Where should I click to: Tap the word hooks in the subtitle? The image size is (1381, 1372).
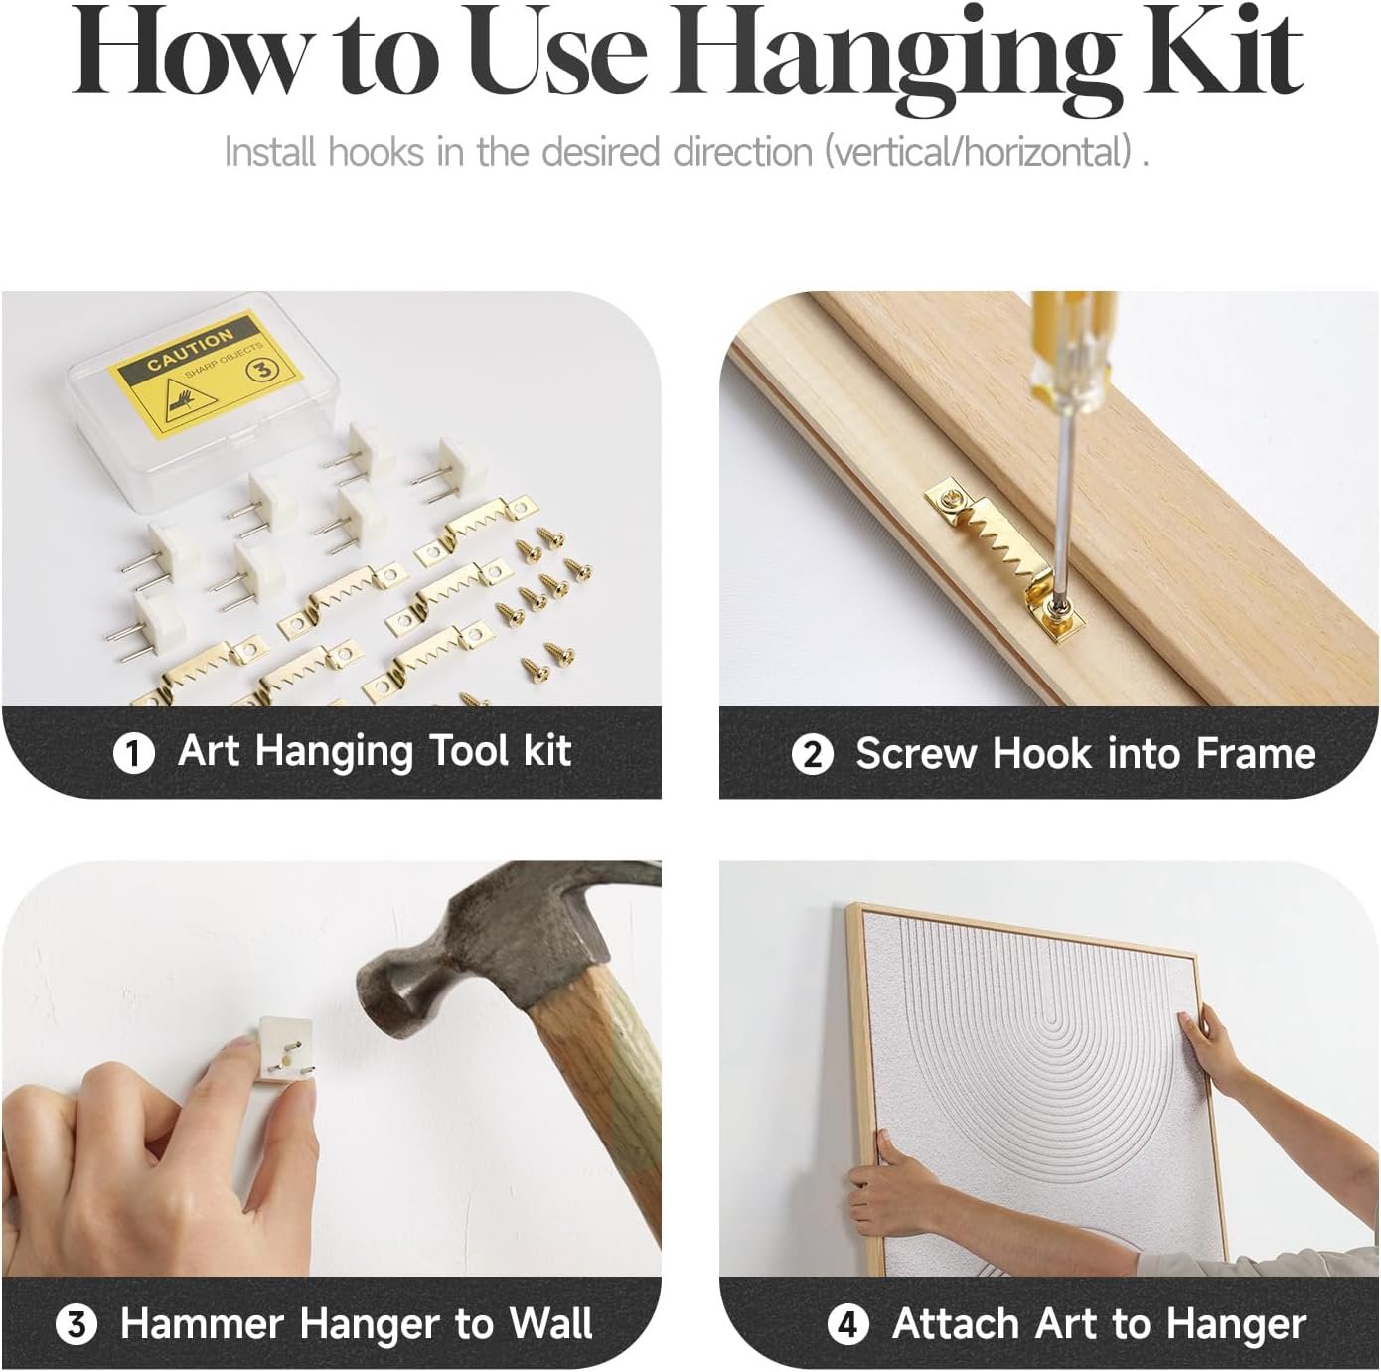point(376,151)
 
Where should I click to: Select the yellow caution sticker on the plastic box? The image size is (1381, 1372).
point(208,367)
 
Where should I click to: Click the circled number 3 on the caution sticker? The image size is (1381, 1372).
point(264,370)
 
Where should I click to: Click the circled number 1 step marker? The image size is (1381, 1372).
point(134,753)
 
